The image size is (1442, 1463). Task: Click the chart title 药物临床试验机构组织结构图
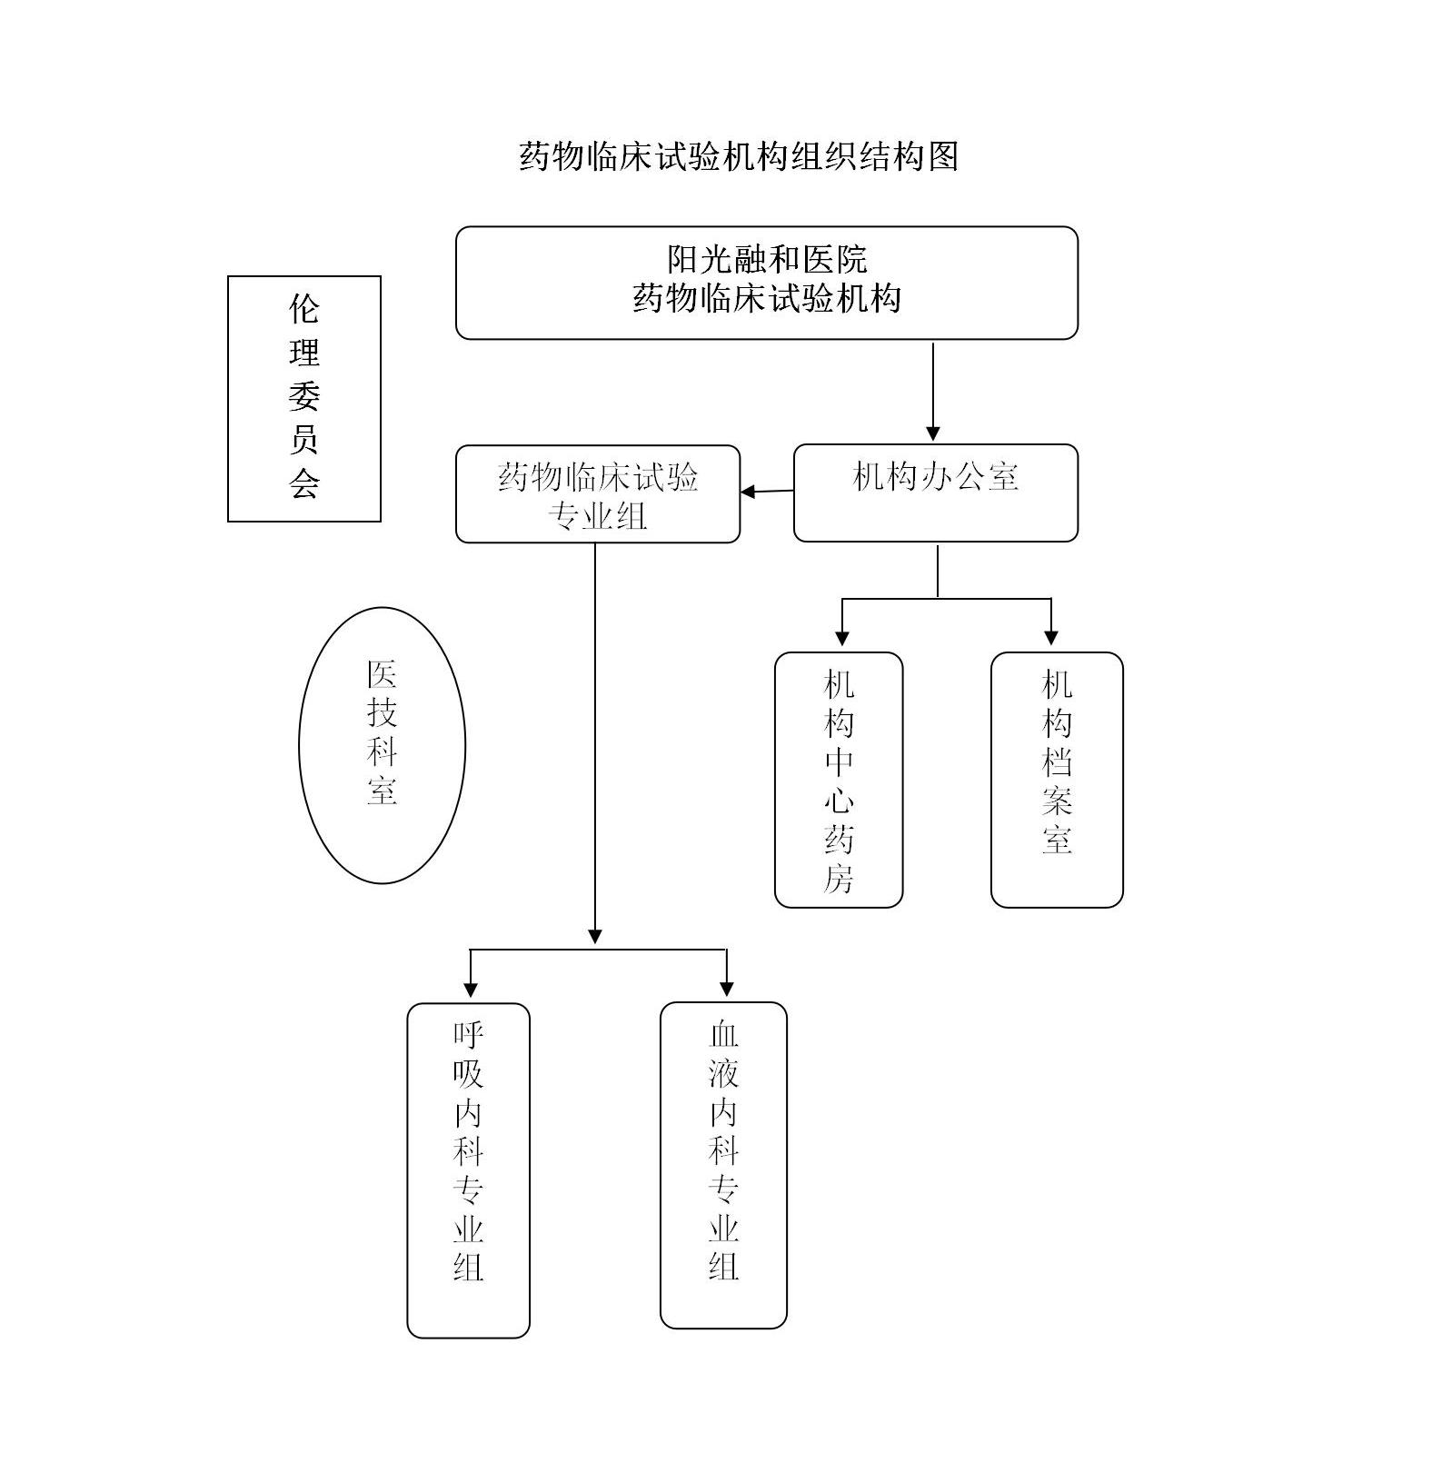point(739,156)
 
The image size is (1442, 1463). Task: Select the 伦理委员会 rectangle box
point(303,398)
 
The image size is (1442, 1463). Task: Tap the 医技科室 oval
point(382,744)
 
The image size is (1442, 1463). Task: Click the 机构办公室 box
point(935,493)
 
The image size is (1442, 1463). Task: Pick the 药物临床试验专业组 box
point(597,494)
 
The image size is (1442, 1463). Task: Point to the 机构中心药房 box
point(838,779)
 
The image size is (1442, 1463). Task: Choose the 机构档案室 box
point(1056,779)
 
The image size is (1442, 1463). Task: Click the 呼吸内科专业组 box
point(468,1169)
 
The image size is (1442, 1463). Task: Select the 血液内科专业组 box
point(723,1165)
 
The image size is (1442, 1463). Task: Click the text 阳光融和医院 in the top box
point(767,260)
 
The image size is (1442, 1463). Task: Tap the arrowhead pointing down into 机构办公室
point(932,433)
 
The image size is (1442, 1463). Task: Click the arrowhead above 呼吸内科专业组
point(470,988)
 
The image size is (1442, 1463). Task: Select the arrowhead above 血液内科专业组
point(726,988)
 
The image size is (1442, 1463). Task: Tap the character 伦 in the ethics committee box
point(303,309)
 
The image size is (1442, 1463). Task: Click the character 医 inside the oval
point(382,674)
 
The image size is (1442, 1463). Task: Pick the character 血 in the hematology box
point(723,1034)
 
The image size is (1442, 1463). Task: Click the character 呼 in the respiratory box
point(468,1034)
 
